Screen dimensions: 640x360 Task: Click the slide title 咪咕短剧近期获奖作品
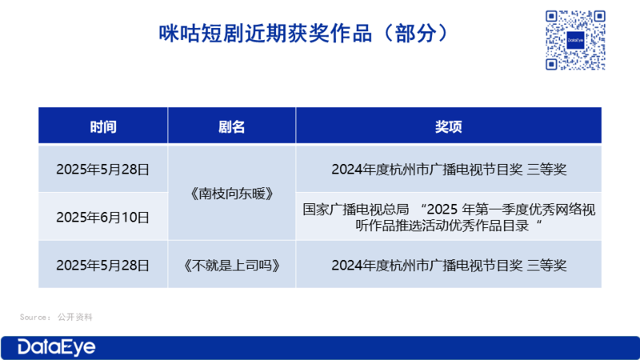265,34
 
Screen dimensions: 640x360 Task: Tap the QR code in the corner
575,40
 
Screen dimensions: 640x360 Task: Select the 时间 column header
103,126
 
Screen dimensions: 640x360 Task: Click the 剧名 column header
231,126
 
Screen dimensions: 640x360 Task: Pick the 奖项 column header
448,126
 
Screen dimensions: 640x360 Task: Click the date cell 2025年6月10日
103,217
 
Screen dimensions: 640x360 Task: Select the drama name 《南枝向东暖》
231,194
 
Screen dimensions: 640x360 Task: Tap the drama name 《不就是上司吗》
231,266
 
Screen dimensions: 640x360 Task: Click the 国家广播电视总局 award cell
449,217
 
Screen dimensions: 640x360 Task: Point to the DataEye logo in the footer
56,347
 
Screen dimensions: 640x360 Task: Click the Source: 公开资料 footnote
56,317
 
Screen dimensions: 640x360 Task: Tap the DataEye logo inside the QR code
575,40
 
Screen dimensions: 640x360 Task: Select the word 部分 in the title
415,34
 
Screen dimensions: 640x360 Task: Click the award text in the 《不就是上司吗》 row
449,266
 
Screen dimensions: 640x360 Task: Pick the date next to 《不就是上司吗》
103,266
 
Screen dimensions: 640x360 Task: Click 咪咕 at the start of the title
179,34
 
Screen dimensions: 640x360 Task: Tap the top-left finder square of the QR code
551,16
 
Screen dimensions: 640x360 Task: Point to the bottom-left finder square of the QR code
551,64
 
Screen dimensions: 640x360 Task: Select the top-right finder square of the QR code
599,16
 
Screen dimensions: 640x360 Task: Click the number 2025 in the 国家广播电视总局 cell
442,210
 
